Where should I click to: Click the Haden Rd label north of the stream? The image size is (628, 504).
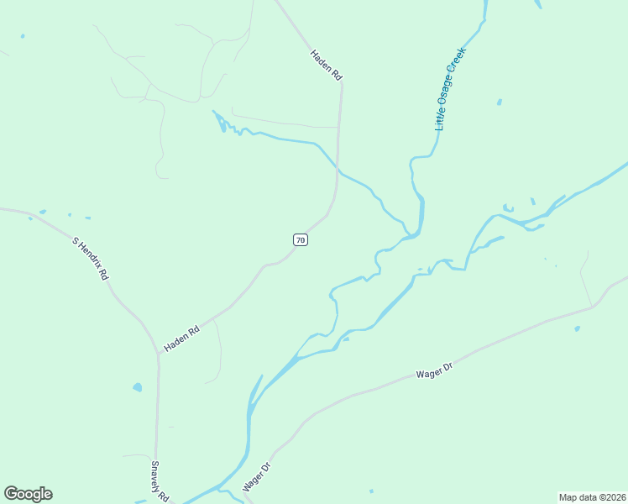[326, 66]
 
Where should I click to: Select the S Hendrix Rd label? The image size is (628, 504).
[91, 259]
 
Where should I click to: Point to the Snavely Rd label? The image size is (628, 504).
[160, 480]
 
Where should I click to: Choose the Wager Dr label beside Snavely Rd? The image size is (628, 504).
[257, 476]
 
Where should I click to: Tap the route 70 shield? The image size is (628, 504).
[301, 240]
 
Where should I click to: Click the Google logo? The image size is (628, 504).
[28, 494]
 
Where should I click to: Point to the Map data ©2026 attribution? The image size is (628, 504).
[593, 497]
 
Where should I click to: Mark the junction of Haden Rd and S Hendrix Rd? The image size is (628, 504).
[158, 353]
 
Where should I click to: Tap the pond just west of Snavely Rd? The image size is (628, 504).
[137, 388]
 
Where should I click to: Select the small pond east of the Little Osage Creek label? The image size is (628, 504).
[499, 102]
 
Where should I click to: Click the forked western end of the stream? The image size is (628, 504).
[221, 123]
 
